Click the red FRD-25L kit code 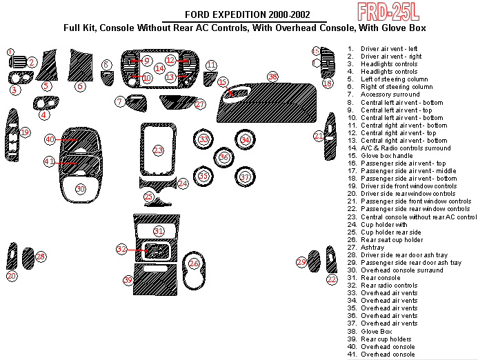388,12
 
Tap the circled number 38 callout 273,77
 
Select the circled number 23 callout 158,150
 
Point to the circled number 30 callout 80,189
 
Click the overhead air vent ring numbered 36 223,157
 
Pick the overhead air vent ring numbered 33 203,139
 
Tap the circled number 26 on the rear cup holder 194,263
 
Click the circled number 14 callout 159,68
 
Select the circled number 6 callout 80,86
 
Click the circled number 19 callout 25,132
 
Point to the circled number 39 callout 128,280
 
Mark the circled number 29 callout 301,262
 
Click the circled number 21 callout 319,136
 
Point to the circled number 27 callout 199,104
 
